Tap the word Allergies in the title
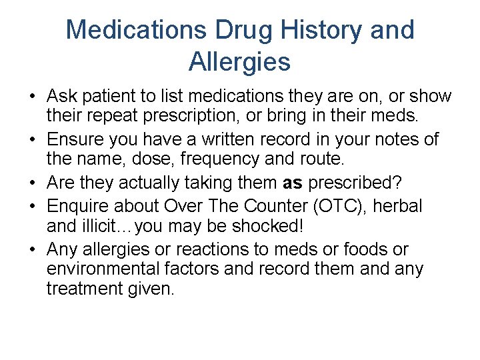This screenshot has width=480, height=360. [x=240, y=62]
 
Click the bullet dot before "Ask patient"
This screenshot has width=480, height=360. [x=32, y=97]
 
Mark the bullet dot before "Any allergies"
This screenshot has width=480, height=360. [x=32, y=250]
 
